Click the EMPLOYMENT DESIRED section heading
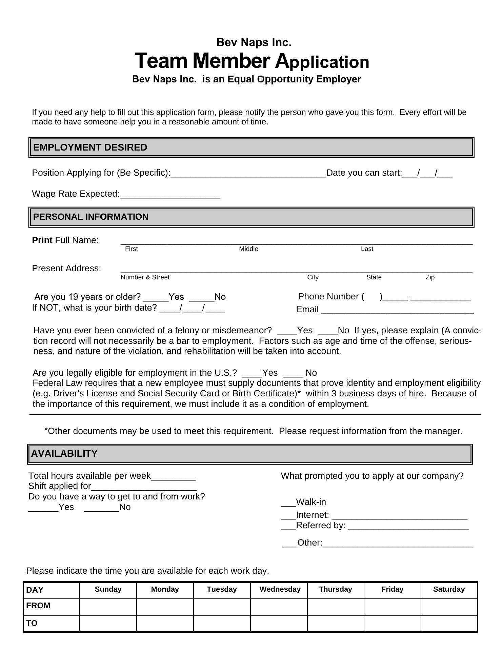[x=90, y=147]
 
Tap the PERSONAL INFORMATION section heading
[x=91, y=217]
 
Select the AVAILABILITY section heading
[x=64, y=454]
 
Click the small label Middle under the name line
[x=248, y=249]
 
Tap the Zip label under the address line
[x=430, y=277]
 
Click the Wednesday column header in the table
[x=280, y=589]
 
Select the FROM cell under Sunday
[x=108, y=606]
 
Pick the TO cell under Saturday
[x=449, y=624]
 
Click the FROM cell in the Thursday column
[x=336, y=606]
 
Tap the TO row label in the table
[x=32, y=623]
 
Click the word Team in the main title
[x=161, y=61]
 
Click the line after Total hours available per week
[x=174, y=478]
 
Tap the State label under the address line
[x=374, y=277]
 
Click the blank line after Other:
[x=398, y=545]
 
